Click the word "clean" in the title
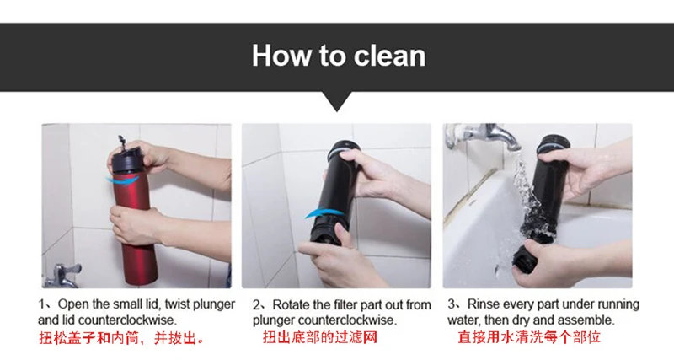pos(389,56)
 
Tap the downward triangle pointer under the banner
pos(337,101)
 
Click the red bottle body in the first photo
pos(136,232)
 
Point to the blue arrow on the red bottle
pos(122,180)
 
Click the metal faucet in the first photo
pos(62,275)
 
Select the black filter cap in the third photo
pos(525,258)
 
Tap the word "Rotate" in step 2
pos(291,305)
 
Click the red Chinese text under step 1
pos(121,338)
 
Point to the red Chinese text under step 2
pos(320,337)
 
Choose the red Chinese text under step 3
pos(529,336)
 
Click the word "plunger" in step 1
pos(214,304)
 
